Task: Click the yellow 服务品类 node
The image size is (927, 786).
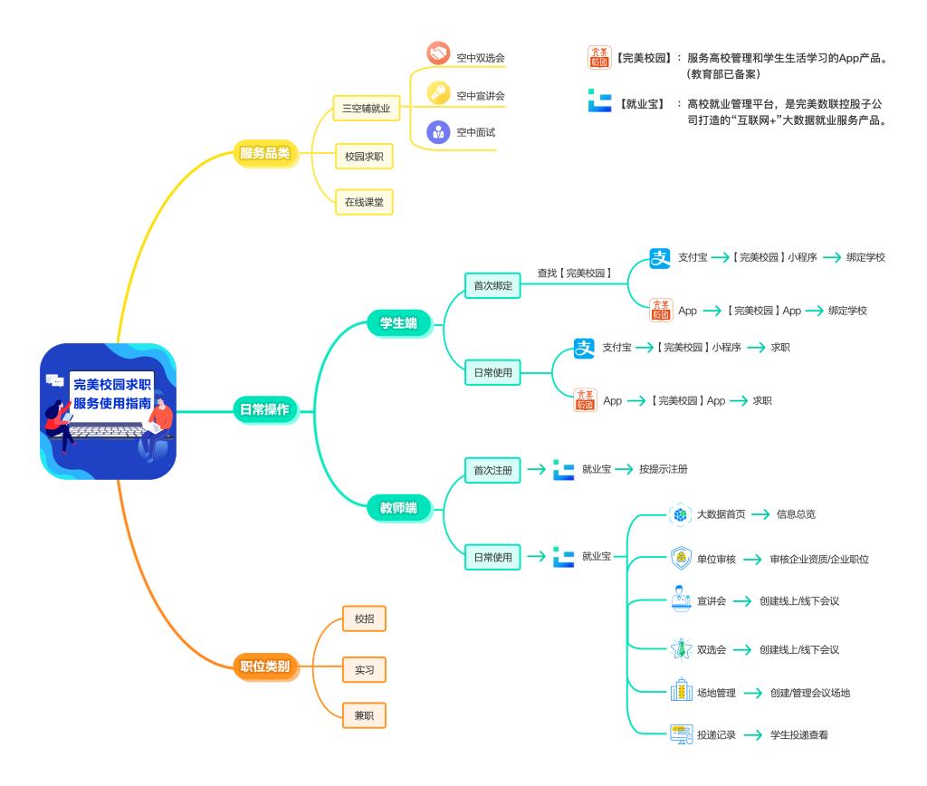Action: [x=264, y=153]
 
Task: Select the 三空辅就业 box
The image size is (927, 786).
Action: [x=366, y=109]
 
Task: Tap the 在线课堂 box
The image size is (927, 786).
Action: [x=364, y=201]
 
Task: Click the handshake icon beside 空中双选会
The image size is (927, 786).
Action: [x=438, y=55]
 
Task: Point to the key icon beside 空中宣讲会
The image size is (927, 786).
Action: [x=438, y=93]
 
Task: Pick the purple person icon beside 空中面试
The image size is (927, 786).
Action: [x=438, y=131]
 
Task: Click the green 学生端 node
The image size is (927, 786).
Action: [x=399, y=323]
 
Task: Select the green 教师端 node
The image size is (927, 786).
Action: [x=399, y=508]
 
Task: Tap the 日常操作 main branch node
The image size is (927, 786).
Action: [x=264, y=410]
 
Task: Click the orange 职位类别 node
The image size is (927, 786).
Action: [x=265, y=667]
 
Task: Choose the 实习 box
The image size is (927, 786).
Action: [x=364, y=670]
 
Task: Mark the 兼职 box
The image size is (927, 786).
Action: [x=364, y=715]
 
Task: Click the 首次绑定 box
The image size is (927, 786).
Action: [x=493, y=285]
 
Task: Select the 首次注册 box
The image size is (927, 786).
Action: [x=493, y=469]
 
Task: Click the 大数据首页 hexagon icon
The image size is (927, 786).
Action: [x=680, y=514]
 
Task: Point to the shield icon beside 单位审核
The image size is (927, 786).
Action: [x=681, y=559]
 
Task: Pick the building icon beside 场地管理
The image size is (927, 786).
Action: [x=681, y=693]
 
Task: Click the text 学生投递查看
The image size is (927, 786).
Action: [x=798, y=735]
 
